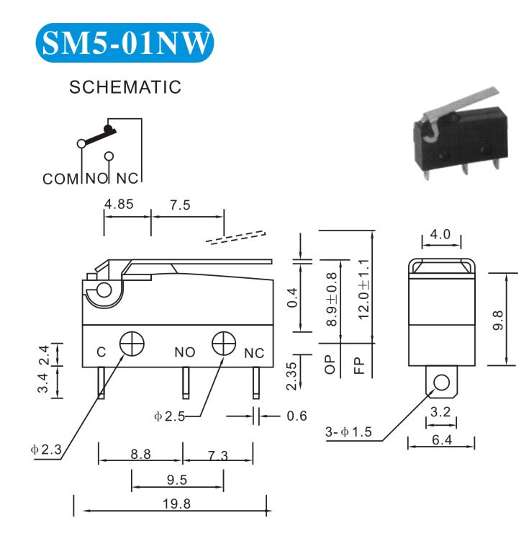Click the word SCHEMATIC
point(125,88)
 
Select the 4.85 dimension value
point(119,205)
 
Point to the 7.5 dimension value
point(180,205)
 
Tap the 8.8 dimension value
point(140,455)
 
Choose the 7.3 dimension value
point(218,455)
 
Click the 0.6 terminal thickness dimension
point(297,416)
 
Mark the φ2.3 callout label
point(47,450)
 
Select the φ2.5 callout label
point(170,416)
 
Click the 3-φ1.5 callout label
point(348,432)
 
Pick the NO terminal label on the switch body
point(185,353)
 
